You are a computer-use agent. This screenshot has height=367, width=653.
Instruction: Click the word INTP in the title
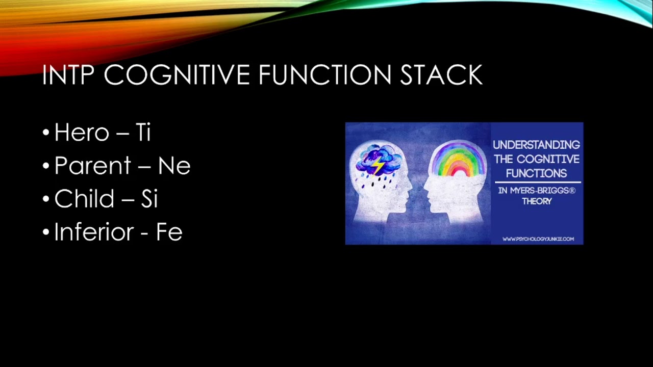(68, 74)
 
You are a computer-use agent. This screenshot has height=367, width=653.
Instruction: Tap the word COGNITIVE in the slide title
(177, 74)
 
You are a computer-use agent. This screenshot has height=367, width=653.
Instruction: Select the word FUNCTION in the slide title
(325, 74)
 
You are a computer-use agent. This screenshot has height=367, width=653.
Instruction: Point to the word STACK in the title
(442, 74)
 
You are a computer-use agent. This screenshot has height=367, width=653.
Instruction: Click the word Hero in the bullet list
(82, 133)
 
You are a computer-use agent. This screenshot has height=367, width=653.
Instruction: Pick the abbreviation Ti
(143, 133)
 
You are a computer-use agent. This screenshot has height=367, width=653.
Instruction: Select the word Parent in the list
(93, 166)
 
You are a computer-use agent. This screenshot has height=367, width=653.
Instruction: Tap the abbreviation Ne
(174, 166)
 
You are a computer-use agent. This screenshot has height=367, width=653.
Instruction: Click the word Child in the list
(84, 198)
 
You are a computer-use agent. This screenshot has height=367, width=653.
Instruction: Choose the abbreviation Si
(149, 198)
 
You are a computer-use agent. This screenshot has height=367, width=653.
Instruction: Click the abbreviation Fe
(169, 232)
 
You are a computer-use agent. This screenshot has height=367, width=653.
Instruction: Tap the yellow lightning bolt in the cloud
(378, 166)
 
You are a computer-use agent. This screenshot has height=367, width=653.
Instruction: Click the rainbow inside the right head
(458, 160)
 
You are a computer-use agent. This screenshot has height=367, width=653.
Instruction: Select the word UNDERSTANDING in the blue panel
(536, 145)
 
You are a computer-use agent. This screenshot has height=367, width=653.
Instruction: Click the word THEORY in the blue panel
(537, 201)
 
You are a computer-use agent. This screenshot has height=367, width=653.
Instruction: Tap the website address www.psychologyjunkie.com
(538, 239)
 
